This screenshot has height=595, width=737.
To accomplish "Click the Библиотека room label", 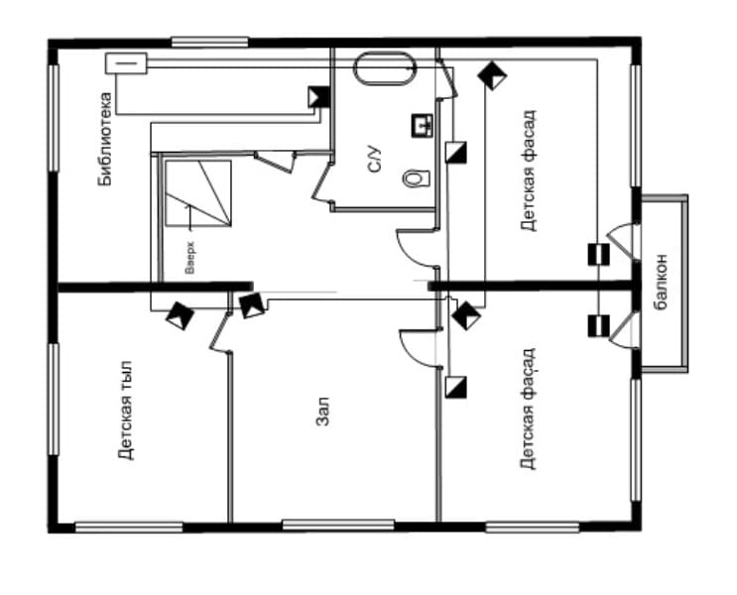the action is (x=105, y=139).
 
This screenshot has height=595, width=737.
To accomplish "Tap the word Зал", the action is (x=322, y=412).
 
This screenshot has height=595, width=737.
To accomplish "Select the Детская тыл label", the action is (x=126, y=410).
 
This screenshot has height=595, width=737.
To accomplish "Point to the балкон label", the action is (x=661, y=282).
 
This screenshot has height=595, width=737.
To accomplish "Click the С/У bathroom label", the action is (x=375, y=159).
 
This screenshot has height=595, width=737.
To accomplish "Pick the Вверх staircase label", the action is (x=189, y=258).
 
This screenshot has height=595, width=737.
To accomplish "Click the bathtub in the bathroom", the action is (x=385, y=68).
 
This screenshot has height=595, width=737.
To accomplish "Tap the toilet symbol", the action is (x=416, y=178).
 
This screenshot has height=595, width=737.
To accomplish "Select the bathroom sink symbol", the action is (x=423, y=126).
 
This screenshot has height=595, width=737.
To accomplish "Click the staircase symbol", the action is (x=197, y=193).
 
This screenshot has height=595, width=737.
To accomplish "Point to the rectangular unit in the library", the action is (x=126, y=63).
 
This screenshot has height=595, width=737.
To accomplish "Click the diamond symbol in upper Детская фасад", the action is (x=492, y=75).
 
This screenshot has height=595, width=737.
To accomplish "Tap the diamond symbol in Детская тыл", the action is (x=180, y=315).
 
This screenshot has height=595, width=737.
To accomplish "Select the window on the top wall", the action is (x=209, y=42).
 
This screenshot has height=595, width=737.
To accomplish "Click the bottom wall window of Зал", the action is (x=338, y=525).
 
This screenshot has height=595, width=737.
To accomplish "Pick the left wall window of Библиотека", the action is (x=54, y=118).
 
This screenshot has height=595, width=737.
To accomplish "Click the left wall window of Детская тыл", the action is (x=54, y=399).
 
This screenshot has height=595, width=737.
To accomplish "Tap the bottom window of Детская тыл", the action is (x=129, y=528).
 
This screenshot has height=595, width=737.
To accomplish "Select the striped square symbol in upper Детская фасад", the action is (x=599, y=254).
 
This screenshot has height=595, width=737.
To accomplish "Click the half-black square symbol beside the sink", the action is (x=455, y=153).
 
